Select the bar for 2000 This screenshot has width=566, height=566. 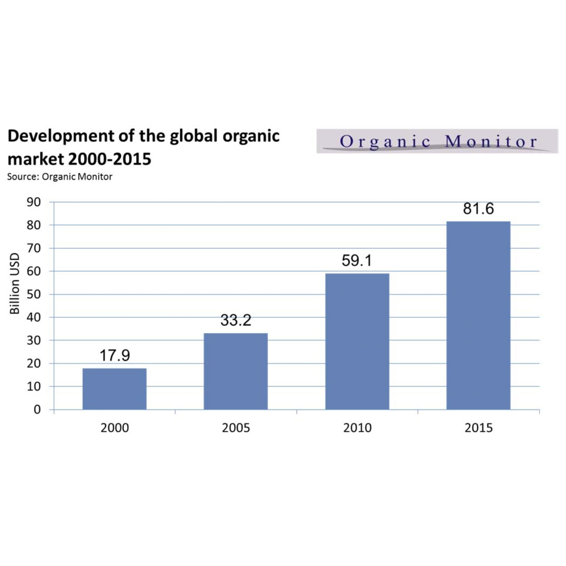tap(114, 389)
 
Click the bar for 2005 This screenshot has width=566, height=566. tap(236, 371)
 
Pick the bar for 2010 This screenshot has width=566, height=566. tap(357, 341)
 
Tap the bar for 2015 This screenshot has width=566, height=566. tap(478, 316)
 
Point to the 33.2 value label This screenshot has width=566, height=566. tap(236, 320)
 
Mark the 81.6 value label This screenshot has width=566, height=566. tap(478, 209)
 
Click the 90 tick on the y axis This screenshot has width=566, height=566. tap(34, 202)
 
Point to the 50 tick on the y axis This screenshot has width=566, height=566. tap(34, 294)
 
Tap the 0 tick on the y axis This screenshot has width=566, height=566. tap(37, 409)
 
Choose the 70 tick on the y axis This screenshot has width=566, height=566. tap(34, 248)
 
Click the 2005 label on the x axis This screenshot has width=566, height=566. tap(236, 428)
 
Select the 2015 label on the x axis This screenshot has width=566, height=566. tap(478, 428)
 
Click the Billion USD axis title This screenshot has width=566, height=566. tap(14, 283)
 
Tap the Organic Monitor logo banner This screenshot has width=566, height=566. tap(437, 141)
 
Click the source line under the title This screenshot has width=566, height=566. tap(59, 177)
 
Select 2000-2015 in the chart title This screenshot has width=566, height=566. tap(110, 159)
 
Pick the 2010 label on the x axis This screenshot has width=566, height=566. tap(357, 428)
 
